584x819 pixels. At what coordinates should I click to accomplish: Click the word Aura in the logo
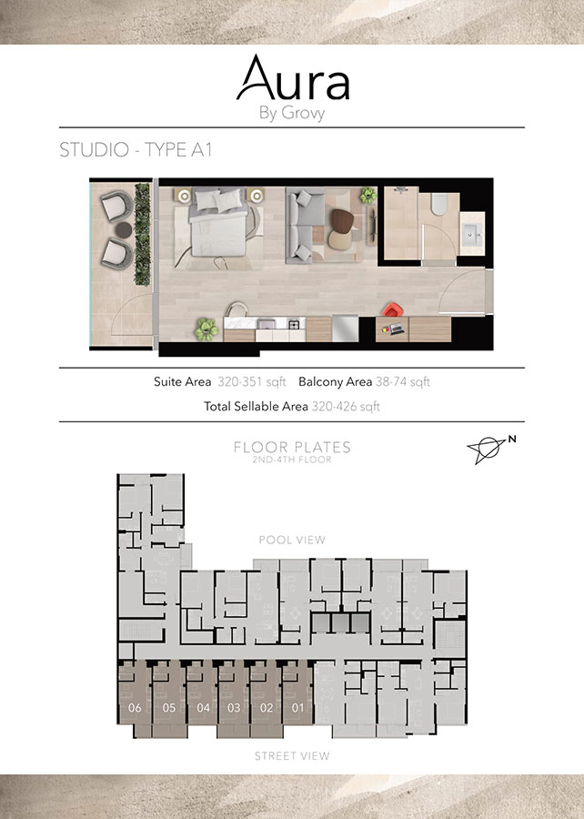pyautogui.click(x=292, y=79)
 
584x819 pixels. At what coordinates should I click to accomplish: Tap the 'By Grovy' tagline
pyautogui.click(x=292, y=114)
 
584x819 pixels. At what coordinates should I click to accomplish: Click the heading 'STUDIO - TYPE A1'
pyautogui.click(x=136, y=151)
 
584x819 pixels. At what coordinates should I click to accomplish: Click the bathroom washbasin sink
pyautogui.click(x=472, y=235)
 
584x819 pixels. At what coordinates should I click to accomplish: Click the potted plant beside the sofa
pyautogui.click(x=368, y=196)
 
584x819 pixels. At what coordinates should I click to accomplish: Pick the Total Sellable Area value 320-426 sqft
pyautogui.click(x=346, y=407)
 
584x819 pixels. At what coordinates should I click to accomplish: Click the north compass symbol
pyautogui.click(x=489, y=450)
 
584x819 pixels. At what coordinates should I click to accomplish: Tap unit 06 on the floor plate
pyautogui.click(x=136, y=707)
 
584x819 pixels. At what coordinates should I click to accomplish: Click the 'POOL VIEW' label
pyautogui.click(x=292, y=540)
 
